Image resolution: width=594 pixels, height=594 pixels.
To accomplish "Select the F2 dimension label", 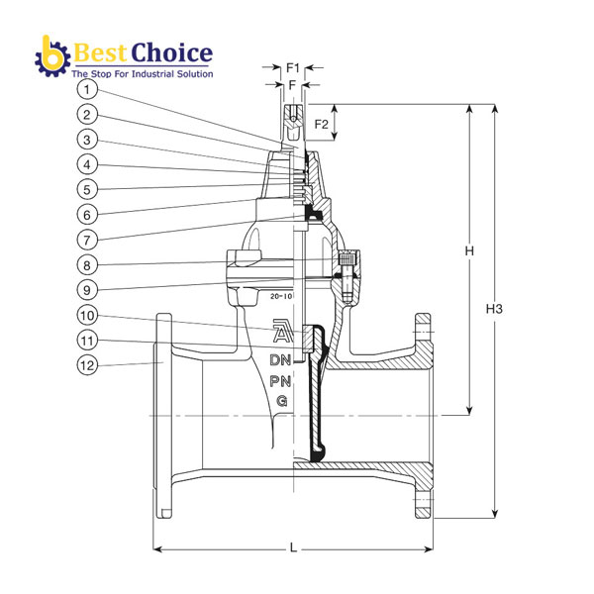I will coord(322,125).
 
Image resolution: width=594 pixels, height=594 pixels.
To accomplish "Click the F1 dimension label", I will coord(292,67).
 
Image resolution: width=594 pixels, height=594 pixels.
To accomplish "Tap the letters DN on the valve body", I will coord(281,358).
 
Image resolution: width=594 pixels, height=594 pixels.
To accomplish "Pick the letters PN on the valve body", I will coord(281,379).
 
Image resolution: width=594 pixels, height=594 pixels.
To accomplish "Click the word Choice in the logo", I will coord(171,52).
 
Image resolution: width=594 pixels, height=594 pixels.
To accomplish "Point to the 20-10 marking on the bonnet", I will coord(281,295).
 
